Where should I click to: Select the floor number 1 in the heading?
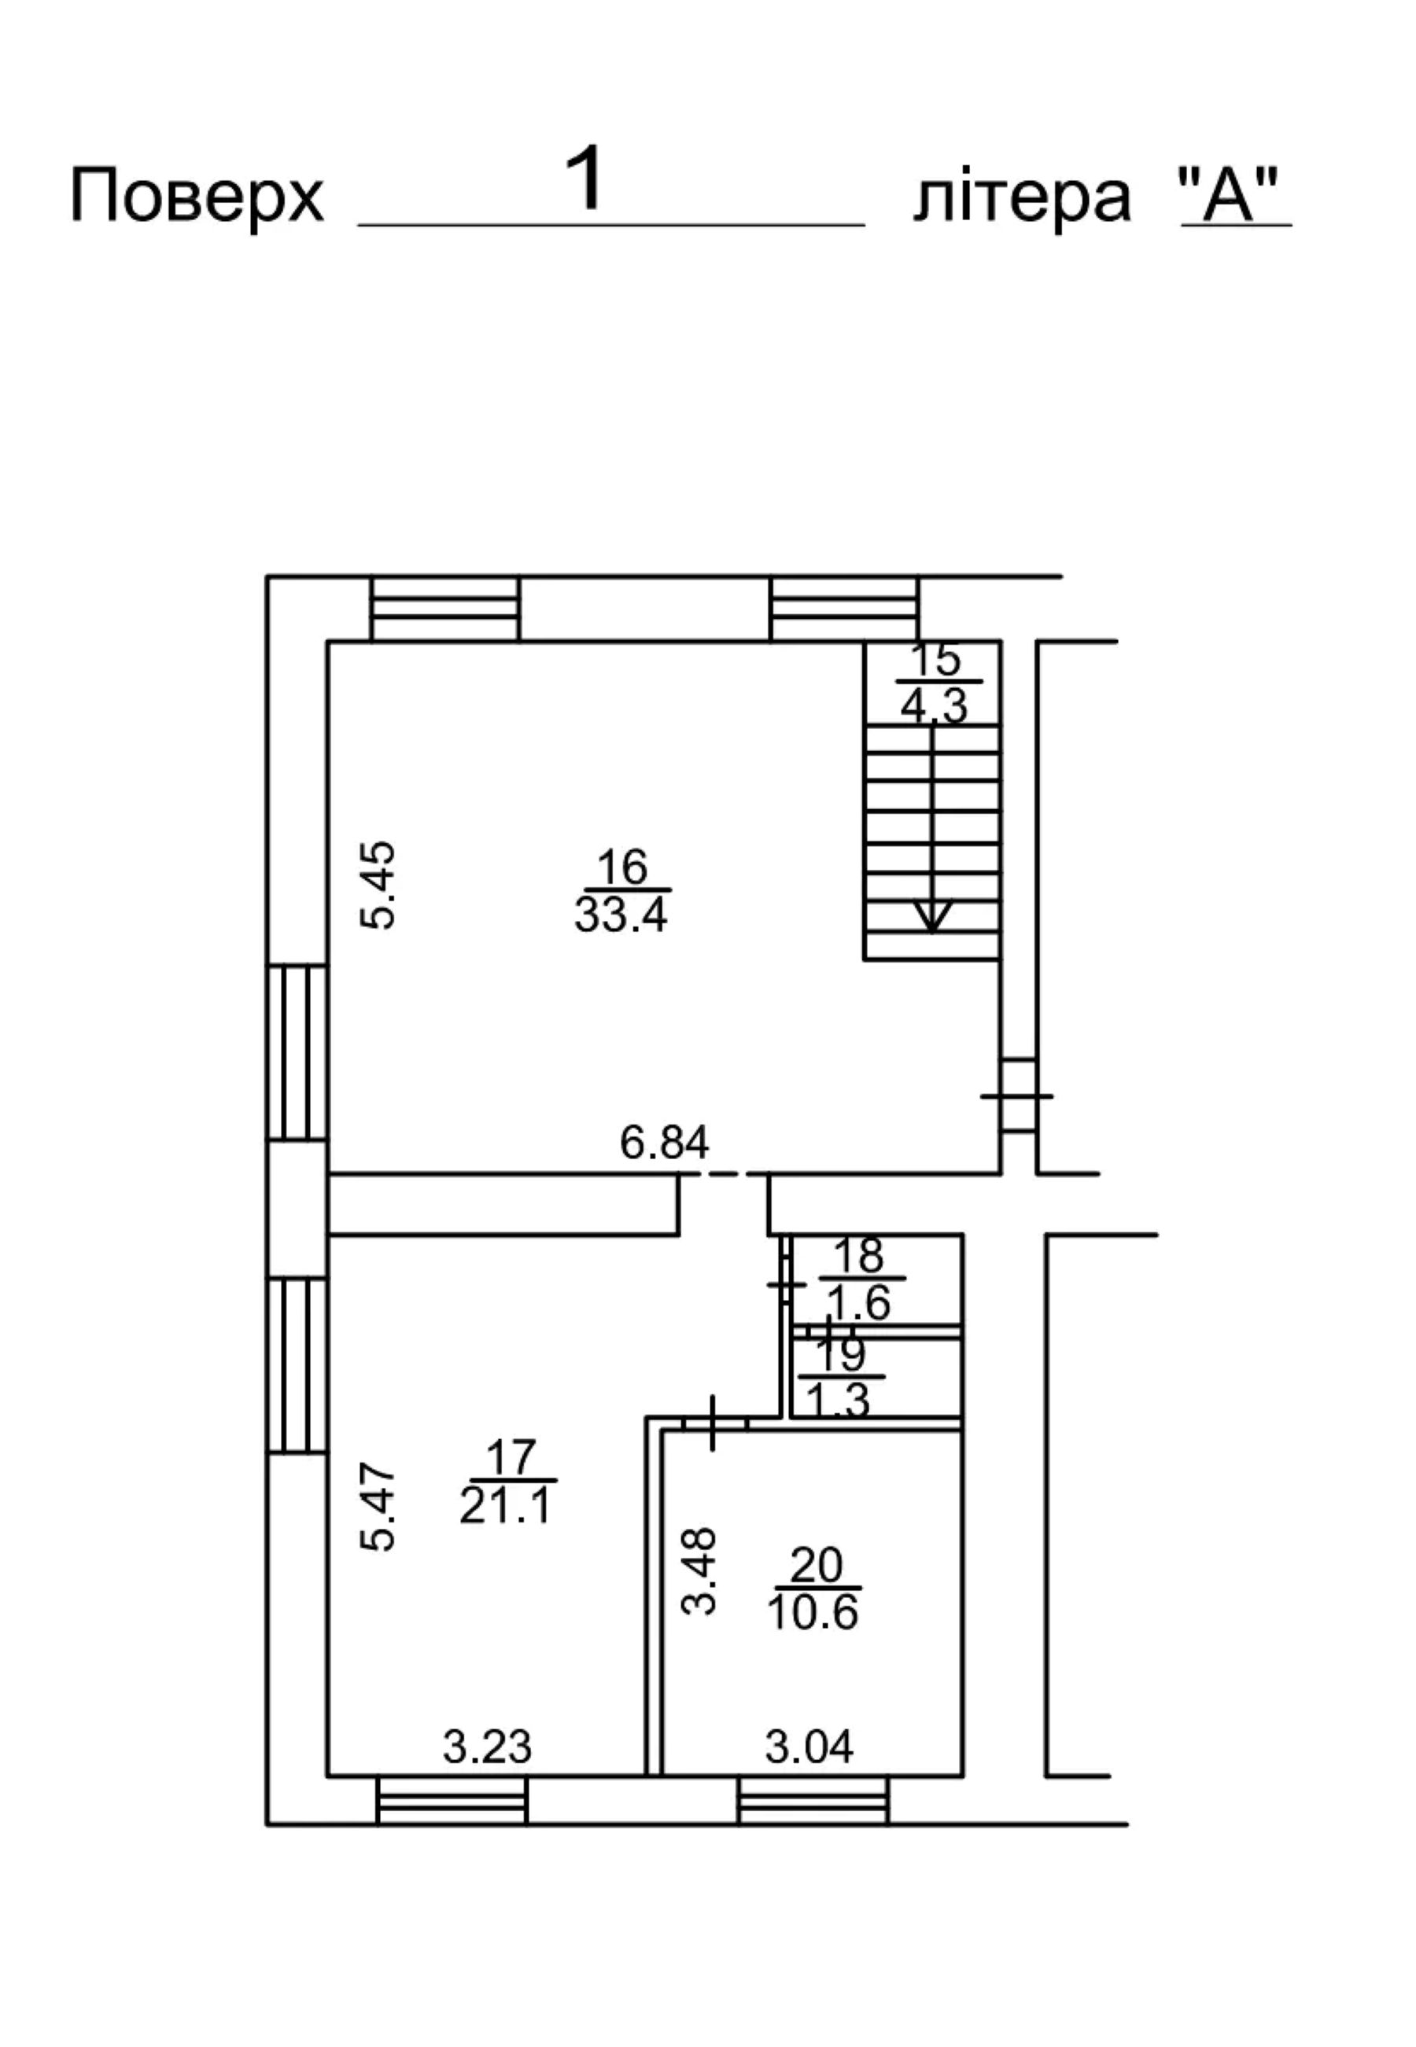tap(585, 179)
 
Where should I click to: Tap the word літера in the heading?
tap(1022, 197)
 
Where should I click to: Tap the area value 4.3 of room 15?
tap(933, 708)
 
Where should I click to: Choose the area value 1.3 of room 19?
tap(839, 1401)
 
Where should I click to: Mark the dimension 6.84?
tap(665, 1143)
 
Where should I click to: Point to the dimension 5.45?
tap(379, 885)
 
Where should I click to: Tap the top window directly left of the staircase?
tap(845, 609)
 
